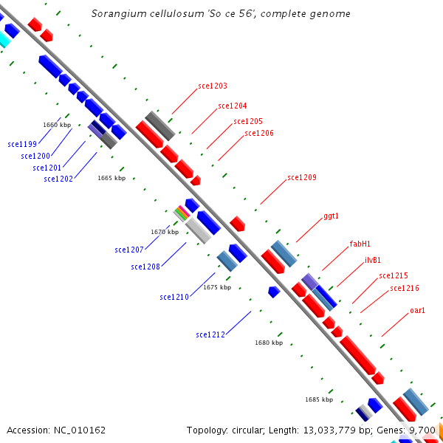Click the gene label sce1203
[213, 86]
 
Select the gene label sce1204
[233, 106]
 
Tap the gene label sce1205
[248, 121]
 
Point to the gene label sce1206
[259, 133]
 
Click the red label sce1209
[302, 177]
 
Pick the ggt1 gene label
[331, 216]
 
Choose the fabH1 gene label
[360, 244]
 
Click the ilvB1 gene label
[373, 260]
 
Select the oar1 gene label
[418, 311]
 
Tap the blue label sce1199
[22, 144]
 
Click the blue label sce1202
[58, 179]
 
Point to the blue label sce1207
[129, 250]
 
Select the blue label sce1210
[174, 297]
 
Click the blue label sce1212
[210, 334]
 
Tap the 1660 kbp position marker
[57, 125]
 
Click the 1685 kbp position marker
[319, 399]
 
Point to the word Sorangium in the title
[115, 14]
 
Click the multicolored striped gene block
[182, 213]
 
